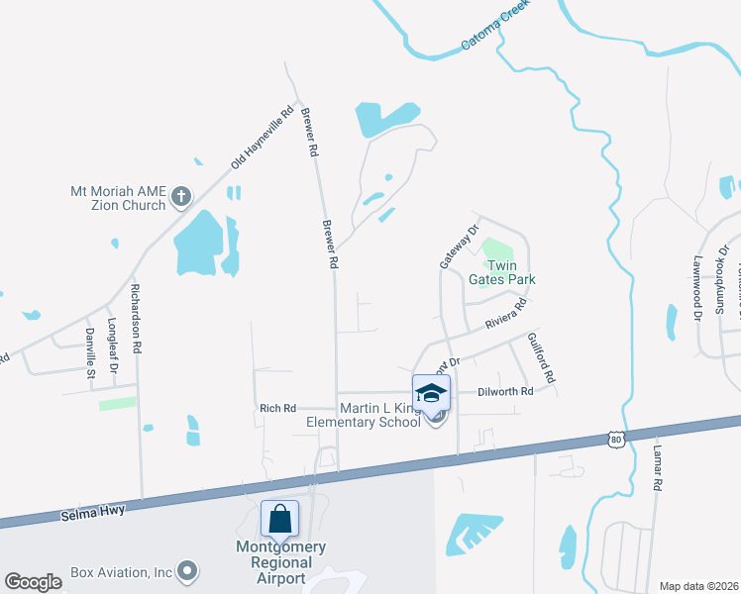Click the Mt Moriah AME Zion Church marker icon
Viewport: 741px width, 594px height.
click(180, 197)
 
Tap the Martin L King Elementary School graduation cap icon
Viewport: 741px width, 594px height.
click(431, 392)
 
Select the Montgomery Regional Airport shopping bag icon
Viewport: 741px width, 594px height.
click(279, 517)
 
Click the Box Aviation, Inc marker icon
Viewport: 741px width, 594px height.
click(186, 571)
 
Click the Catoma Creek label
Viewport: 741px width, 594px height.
click(495, 27)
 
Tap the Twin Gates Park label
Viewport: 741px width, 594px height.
click(508, 272)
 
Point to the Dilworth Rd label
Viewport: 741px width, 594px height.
click(507, 392)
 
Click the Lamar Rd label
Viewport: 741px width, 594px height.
click(656, 467)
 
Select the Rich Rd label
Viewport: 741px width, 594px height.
click(277, 408)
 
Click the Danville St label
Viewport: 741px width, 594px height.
click(89, 353)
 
